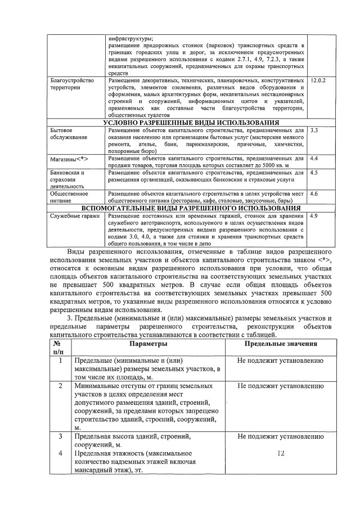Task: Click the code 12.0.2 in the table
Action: (x=318, y=81)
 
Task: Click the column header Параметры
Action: (x=148, y=344)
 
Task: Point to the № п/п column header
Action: (x=58, y=348)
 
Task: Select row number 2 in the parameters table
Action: (x=60, y=387)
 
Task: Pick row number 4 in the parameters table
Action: (x=60, y=453)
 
